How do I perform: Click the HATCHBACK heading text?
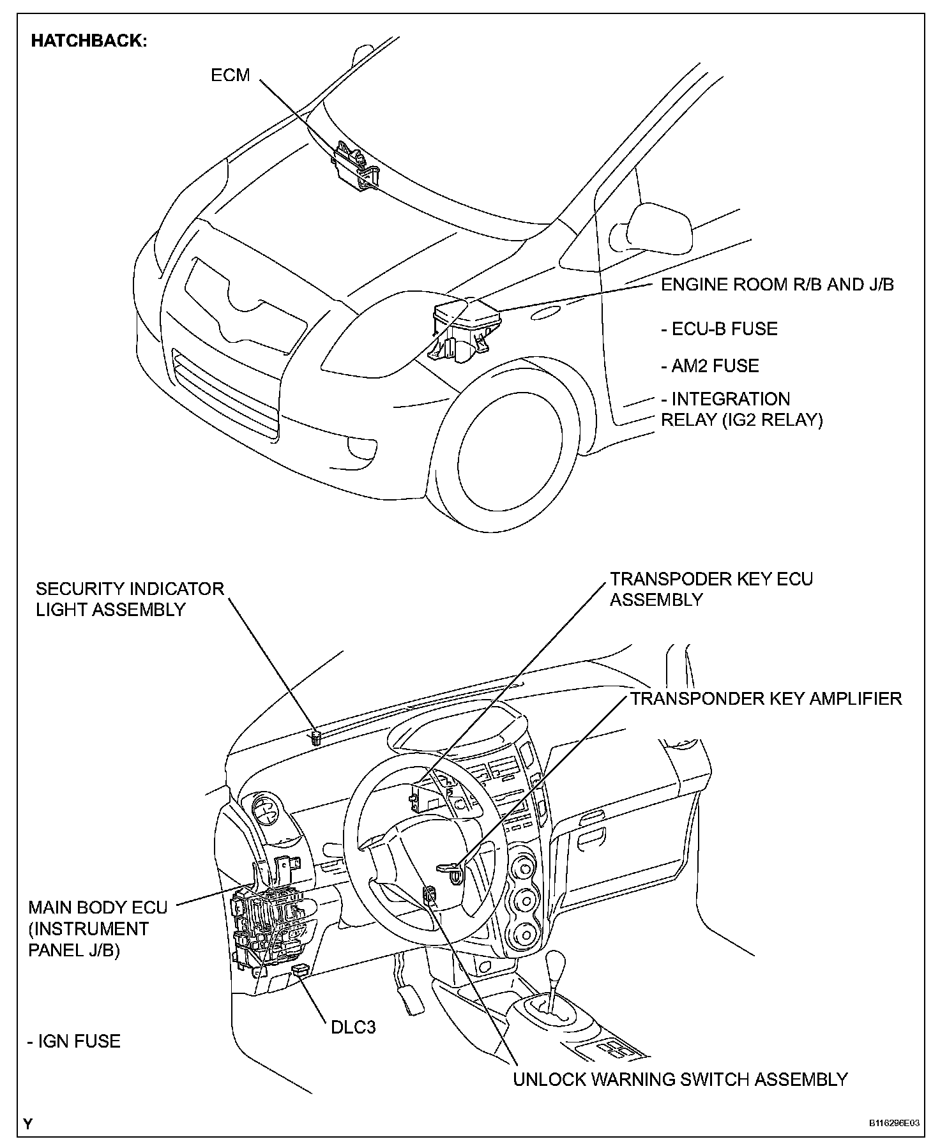click(89, 41)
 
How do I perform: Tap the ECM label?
click(231, 75)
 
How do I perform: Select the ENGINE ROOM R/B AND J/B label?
click(777, 285)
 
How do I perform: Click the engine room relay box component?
click(465, 330)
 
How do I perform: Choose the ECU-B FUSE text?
click(720, 329)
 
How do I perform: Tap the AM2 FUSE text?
click(710, 366)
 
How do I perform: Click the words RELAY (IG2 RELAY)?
click(742, 420)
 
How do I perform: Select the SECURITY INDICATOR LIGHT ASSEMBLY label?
click(130, 599)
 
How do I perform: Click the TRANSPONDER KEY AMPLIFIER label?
click(766, 698)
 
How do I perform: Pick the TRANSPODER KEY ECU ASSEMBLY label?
click(711, 589)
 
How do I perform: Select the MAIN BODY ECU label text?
click(98, 907)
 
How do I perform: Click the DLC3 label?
click(353, 1027)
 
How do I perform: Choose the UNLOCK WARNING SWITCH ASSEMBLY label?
click(681, 1080)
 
